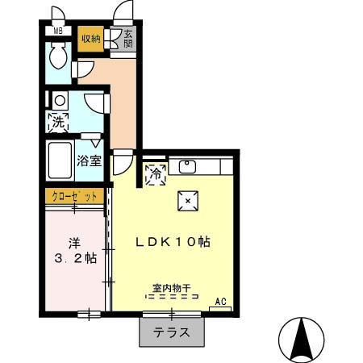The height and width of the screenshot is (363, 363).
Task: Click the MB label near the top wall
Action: [57, 31]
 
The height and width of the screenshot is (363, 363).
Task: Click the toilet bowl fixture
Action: [58, 57]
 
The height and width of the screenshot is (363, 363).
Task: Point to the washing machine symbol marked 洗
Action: [59, 123]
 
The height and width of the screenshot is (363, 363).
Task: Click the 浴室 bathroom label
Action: [89, 160]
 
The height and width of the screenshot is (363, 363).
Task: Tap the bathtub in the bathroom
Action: [59, 161]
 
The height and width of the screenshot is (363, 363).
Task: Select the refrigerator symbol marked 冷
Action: [155, 172]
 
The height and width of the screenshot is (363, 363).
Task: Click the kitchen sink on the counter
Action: [188, 167]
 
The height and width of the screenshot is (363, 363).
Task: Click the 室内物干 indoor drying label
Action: [171, 287]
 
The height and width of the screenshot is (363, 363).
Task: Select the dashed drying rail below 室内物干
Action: [171, 297]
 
